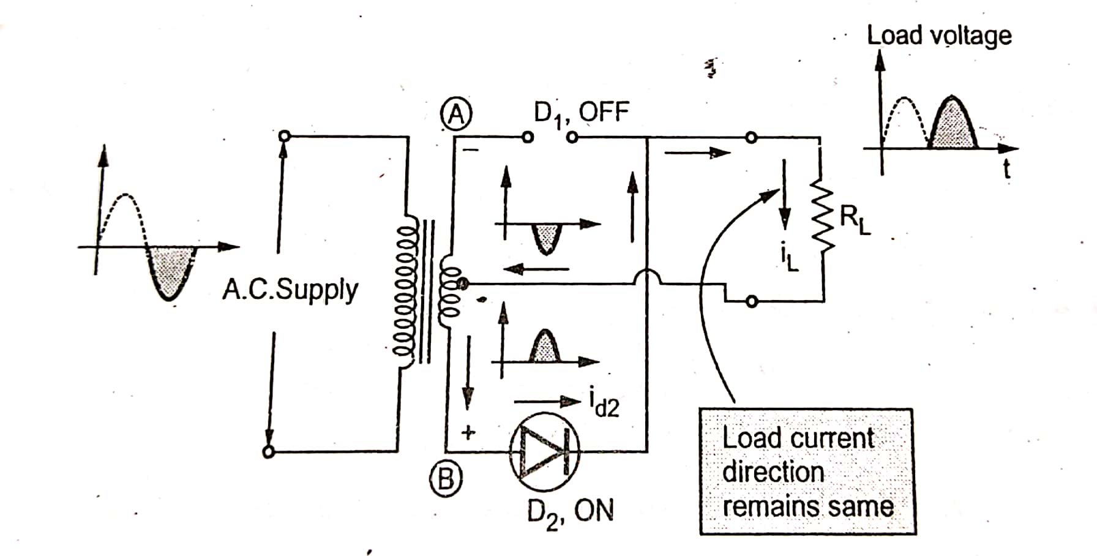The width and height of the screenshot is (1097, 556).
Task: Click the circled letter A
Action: pyautogui.click(x=456, y=114)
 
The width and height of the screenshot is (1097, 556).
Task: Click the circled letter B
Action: pyautogui.click(x=445, y=479)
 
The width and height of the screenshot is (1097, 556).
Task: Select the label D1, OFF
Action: pyautogui.click(x=581, y=114)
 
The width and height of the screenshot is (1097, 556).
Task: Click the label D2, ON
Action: pyautogui.click(x=570, y=511)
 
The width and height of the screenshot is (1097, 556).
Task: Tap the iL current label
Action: pyautogui.click(x=790, y=260)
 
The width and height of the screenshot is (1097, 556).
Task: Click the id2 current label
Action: pyautogui.click(x=604, y=404)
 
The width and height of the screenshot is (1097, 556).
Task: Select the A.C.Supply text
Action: pyautogui.click(x=290, y=290)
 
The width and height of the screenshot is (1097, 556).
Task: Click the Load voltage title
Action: pyautogui.click(x=938, y=36)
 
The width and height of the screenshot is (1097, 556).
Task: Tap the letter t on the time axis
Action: pyautogui.click(x=1006, y=170)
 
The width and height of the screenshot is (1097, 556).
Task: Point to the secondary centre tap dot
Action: pyautogui.click(x=463, y=283)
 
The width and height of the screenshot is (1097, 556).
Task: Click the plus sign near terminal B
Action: pyautogui.click(x=468, y=433)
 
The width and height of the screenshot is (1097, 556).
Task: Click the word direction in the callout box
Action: pyautogui.click(x=773, y=473)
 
